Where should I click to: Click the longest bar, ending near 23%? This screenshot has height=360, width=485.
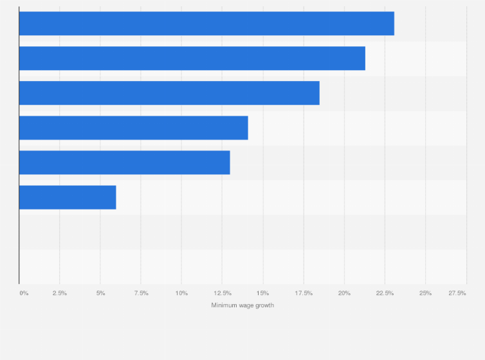(206, 24)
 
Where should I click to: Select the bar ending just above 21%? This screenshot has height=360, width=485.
(192, 59)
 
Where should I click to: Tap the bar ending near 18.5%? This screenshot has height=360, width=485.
(169, 93)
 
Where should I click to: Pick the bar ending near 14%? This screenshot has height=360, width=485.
(134, 128)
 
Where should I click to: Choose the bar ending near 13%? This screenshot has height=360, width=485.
(125, 163)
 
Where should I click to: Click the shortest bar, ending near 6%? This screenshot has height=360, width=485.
(68, 197)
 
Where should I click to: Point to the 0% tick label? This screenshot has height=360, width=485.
(24, 293)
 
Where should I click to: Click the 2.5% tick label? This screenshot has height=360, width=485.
(60, 293)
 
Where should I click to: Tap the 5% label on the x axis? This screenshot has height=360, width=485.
(100, 293)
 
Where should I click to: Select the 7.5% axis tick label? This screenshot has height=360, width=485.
(141, 293)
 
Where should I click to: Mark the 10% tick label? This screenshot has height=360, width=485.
(181, 293)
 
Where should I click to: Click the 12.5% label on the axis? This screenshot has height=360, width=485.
(223, 293)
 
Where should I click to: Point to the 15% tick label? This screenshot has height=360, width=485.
(263, 293)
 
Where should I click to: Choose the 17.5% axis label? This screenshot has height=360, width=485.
(304, 293)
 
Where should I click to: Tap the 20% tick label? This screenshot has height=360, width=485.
(344, 293)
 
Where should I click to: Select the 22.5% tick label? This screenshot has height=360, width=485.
(385, 293)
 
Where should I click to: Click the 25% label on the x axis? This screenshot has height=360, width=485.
(425, 293)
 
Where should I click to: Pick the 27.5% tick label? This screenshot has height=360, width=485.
(457, 293)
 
